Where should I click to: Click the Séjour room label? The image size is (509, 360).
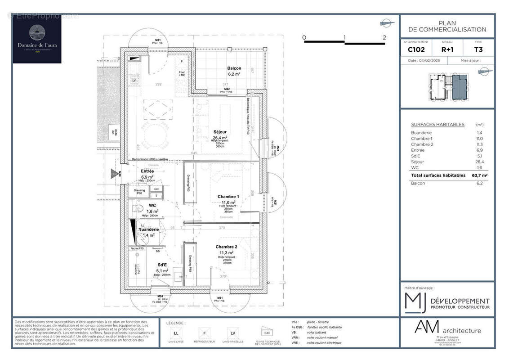coord(220,132)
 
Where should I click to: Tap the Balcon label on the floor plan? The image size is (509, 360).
coord(234,68)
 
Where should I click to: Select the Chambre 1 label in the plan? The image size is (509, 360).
coord(228,197)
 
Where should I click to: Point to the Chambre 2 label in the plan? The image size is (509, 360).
coord(226,247)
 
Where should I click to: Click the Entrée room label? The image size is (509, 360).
coord(147,171)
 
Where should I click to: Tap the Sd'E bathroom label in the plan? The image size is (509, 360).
coord(162,265)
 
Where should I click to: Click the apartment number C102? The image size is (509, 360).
coord(416,49)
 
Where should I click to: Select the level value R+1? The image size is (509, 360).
coord(447,49)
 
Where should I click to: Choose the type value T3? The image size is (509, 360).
coord(478,49)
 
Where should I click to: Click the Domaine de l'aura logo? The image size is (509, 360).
coord(37,39)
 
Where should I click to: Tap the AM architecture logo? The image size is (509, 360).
coord(447,330)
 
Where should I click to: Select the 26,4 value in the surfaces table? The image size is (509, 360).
coord(480,162)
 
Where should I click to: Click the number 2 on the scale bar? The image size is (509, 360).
coord(384,38)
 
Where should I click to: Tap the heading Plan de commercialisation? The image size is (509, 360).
coord(447,27)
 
